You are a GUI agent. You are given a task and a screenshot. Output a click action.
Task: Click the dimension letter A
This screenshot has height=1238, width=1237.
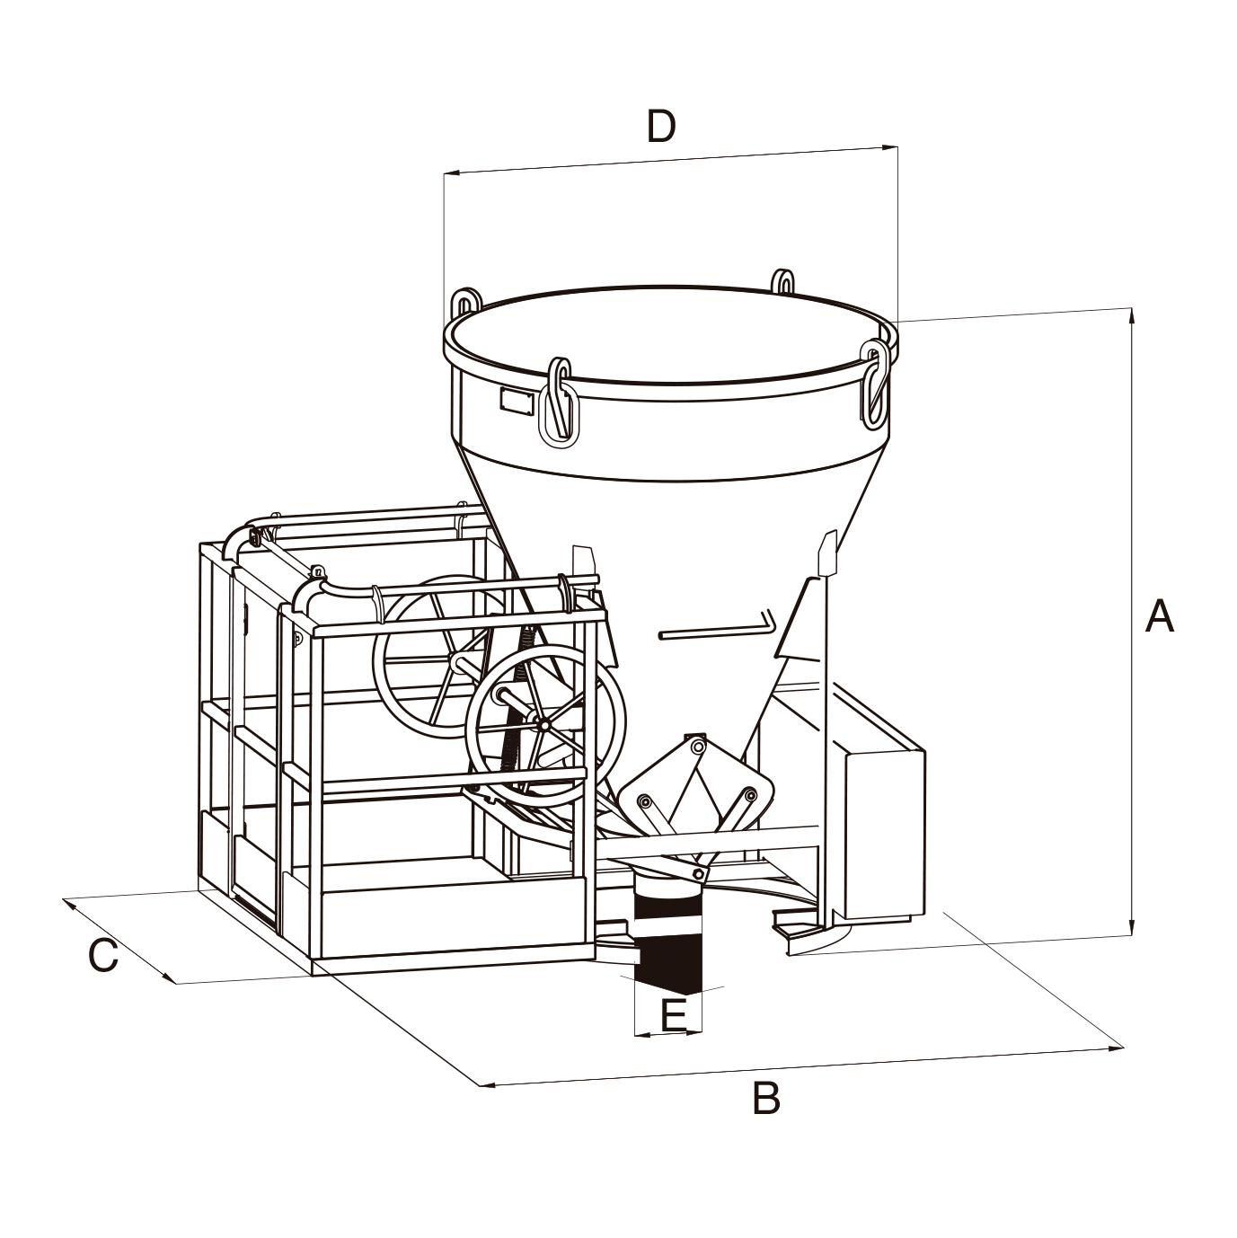1159,617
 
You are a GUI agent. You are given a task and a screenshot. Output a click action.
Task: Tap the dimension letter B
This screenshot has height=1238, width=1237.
765,1098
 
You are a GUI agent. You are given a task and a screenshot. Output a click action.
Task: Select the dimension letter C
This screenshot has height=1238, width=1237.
103,956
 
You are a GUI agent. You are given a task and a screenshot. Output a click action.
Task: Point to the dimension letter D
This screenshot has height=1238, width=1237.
661,128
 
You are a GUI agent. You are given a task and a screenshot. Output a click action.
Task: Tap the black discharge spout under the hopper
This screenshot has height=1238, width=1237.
666,934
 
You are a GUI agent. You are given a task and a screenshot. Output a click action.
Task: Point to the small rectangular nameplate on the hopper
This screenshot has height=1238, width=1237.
516,401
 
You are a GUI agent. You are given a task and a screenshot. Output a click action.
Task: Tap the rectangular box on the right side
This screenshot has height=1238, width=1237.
884,836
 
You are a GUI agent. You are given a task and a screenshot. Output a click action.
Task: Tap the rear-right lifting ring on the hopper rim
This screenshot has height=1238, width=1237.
782,280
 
